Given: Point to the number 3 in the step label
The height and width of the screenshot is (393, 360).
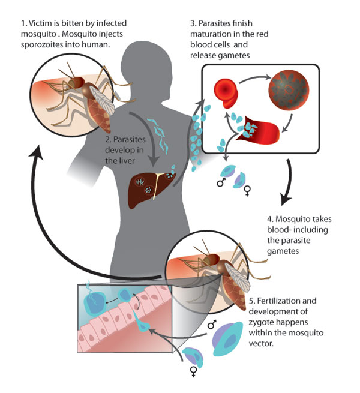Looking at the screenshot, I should (x=193, y=26).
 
